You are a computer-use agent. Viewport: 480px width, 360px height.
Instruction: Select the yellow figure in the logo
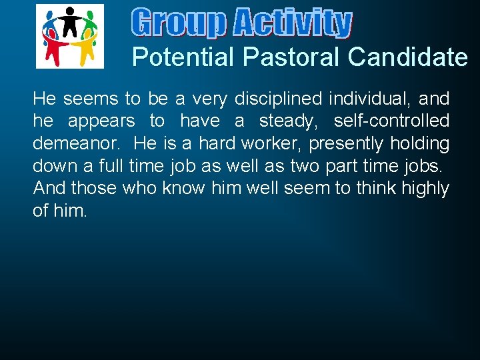pyautogui.click(x=84, y=49)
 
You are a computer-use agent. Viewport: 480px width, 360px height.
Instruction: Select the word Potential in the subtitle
pyautogui.click(x=183, y=57)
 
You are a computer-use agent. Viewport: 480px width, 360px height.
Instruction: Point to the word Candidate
pyautogui.click(x=408, y=57)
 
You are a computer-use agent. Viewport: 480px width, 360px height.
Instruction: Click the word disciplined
pyautogui.click(x=276, y=99)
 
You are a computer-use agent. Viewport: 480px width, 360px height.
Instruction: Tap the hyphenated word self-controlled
pyautogui.click(x=391, y=121)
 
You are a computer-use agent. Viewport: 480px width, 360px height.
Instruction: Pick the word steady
pyautogui.click(x=289, y=121)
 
